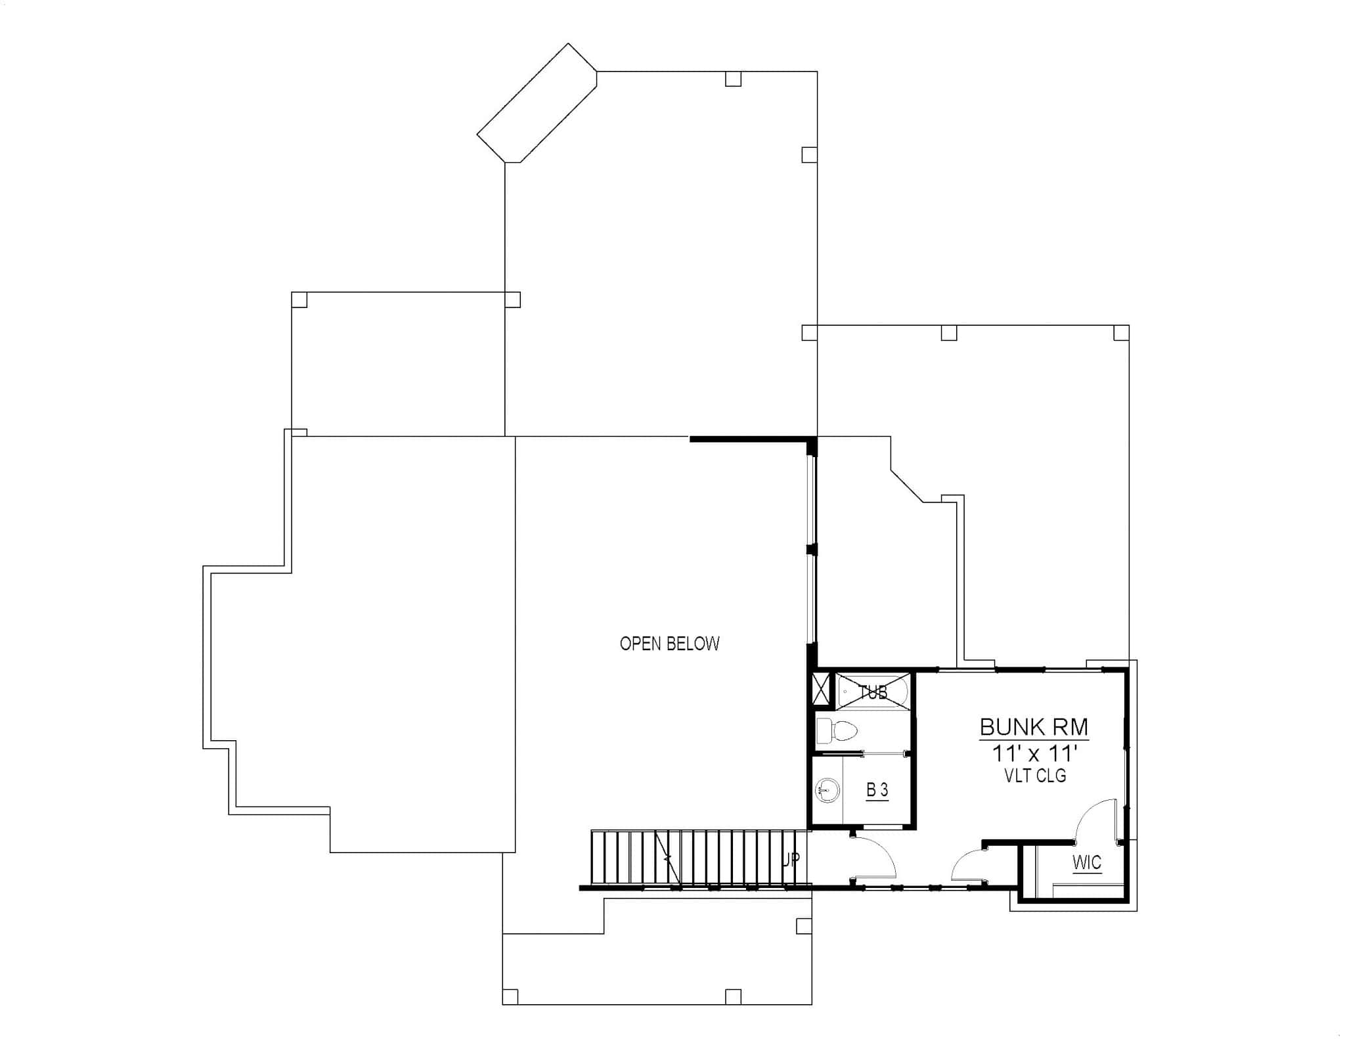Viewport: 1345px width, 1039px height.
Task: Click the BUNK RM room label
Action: pos(1034,727)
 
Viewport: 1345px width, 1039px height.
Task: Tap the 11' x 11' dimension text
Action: pos(1034,753)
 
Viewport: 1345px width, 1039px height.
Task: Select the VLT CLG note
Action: pos(1035,776)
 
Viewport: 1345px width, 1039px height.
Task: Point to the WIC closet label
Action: pos(1086,862)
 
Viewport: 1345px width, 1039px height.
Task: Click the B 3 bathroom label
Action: pos(877,790)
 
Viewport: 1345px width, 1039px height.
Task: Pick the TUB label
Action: pos(873,692)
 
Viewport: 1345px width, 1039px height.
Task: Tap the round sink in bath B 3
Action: pos(828,790)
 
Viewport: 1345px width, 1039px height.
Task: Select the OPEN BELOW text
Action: pos(669,644)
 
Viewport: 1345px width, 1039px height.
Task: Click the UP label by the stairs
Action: pos(791,860)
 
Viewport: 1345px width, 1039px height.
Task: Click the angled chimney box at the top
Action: pos(537,102)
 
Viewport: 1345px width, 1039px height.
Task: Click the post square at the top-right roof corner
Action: pos(1121,333)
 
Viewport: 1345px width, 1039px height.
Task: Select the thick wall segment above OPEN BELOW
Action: pos(749,439)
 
